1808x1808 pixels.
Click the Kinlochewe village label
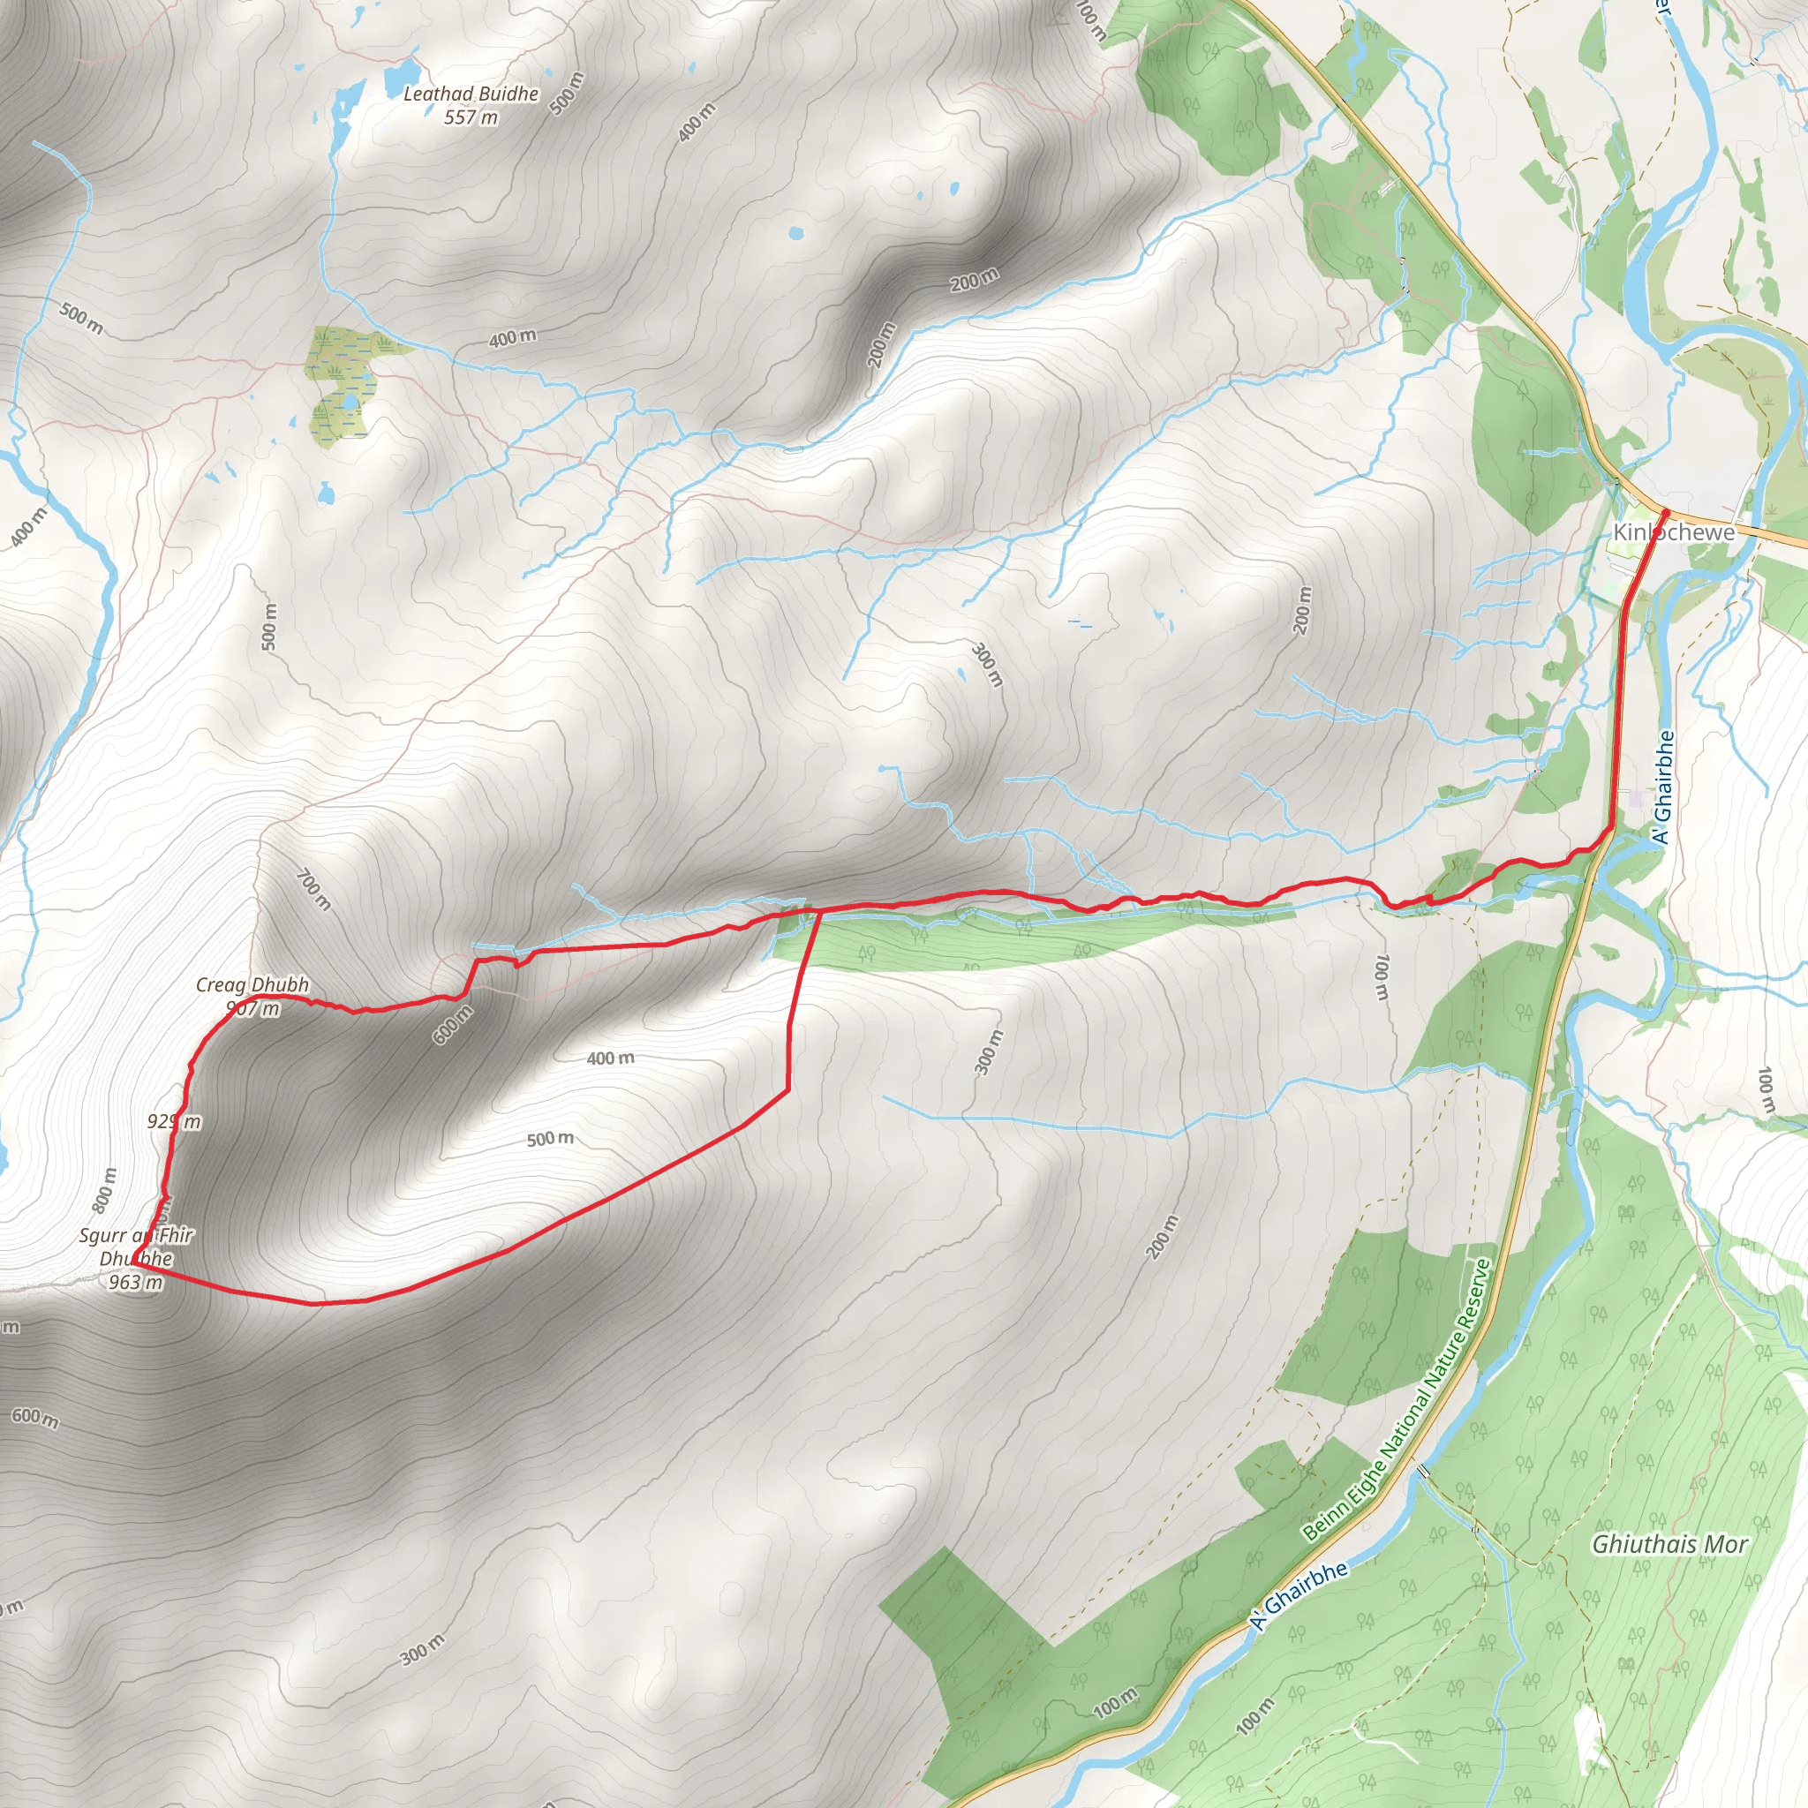click(x=1673, y=532)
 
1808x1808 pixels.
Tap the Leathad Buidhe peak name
click(x=471, y=94)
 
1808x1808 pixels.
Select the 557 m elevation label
click(x=471, y=118)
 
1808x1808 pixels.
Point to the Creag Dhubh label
click(x=252, y=984)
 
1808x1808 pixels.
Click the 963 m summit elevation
click(x=136, y=1282)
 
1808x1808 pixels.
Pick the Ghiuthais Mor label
click(x=1669, y=1544)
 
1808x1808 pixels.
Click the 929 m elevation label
click(x=174, y=1121)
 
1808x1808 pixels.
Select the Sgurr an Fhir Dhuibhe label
click(x=136, y=1247)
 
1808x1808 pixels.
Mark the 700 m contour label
click(x=313, y=889)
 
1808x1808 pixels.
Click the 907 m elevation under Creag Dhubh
click(x=252, y=1008)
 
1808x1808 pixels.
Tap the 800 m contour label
click(x=105, y=1189)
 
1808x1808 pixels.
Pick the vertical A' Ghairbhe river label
click(x=1663, y=786)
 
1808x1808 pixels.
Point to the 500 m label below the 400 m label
click(x=550, y=1139)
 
